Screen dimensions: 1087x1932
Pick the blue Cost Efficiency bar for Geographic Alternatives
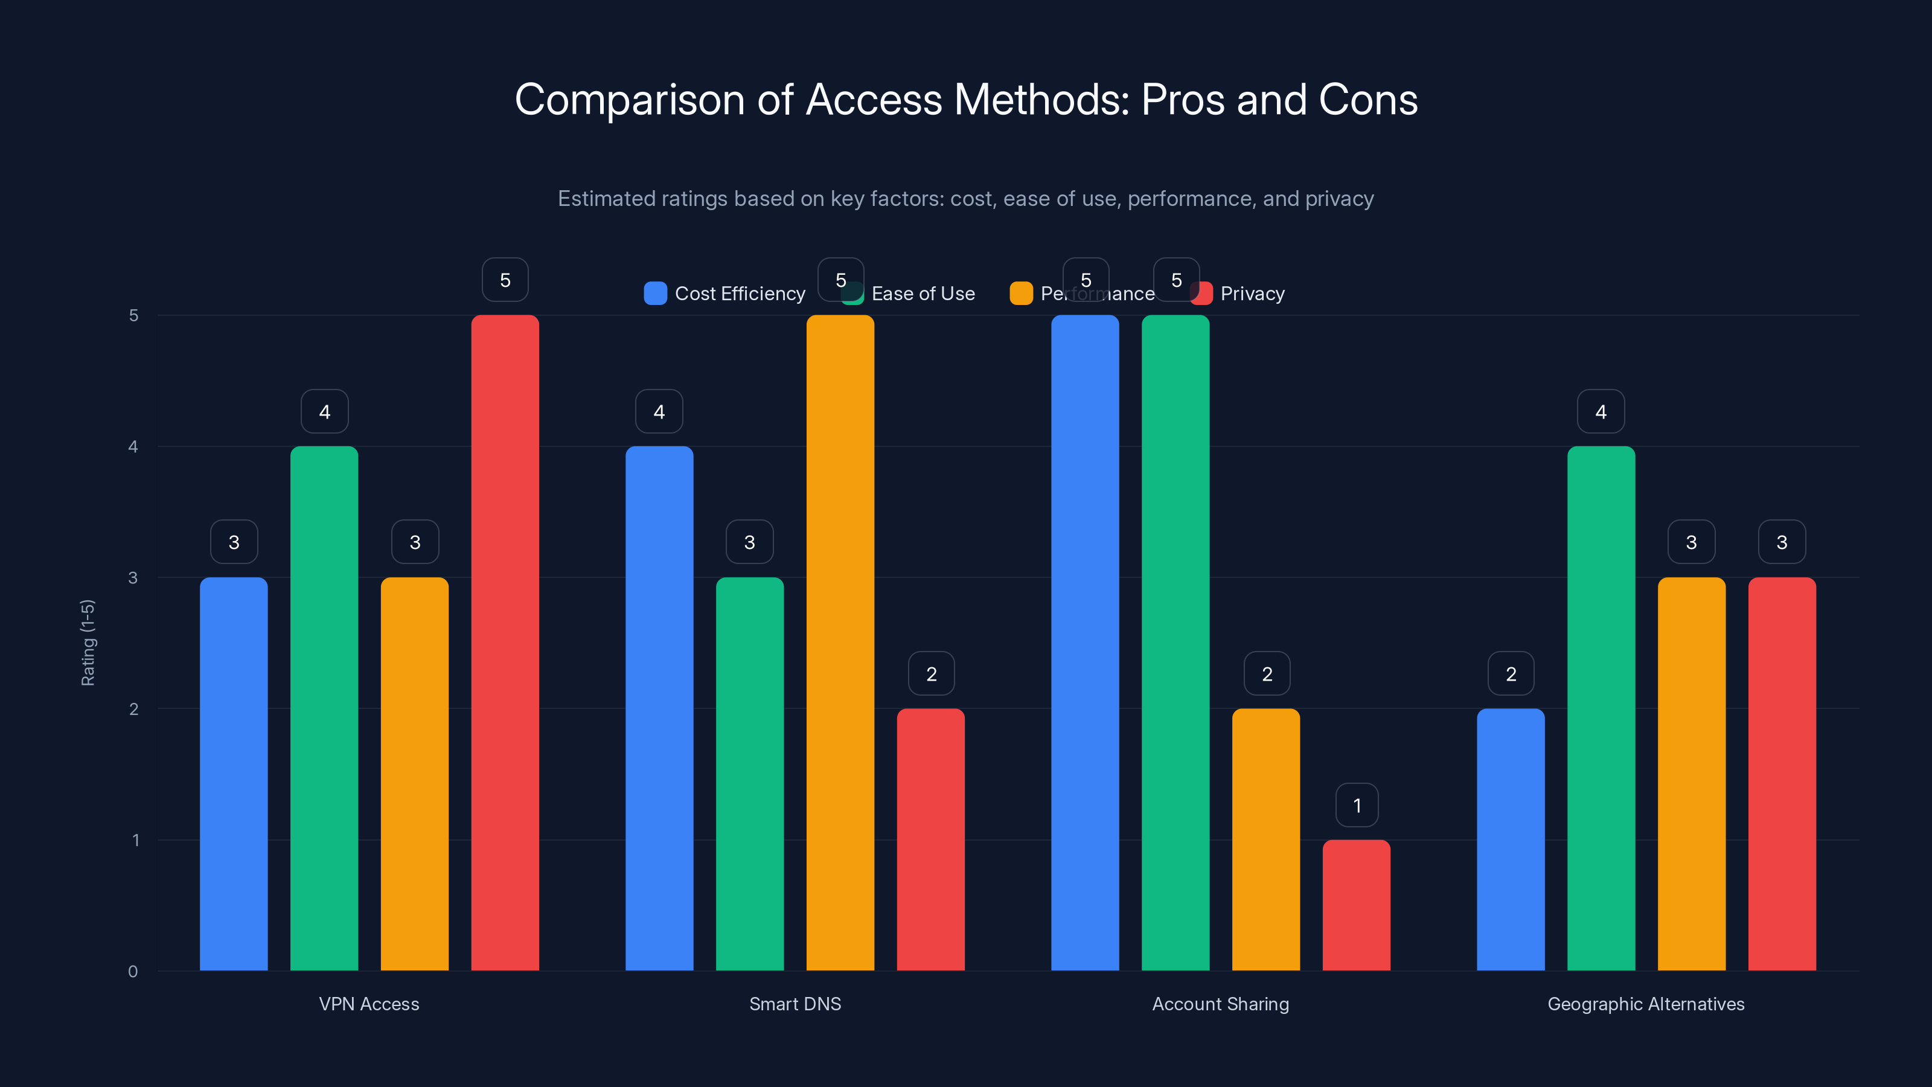1511,839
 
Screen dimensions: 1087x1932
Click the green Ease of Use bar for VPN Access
324,708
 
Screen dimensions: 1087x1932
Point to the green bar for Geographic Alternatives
1601,708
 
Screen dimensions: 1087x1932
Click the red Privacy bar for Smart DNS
931,839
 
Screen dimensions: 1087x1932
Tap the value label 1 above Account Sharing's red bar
1357,805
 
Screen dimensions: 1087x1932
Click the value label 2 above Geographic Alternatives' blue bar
1511,674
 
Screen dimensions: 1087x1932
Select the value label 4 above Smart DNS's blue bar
659,411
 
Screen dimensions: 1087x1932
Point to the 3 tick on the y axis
133,578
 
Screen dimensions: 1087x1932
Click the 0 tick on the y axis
133,972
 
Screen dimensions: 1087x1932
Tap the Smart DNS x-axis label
795,1004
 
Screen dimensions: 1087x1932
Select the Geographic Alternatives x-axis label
1645,1004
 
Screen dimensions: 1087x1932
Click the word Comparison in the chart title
629,100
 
